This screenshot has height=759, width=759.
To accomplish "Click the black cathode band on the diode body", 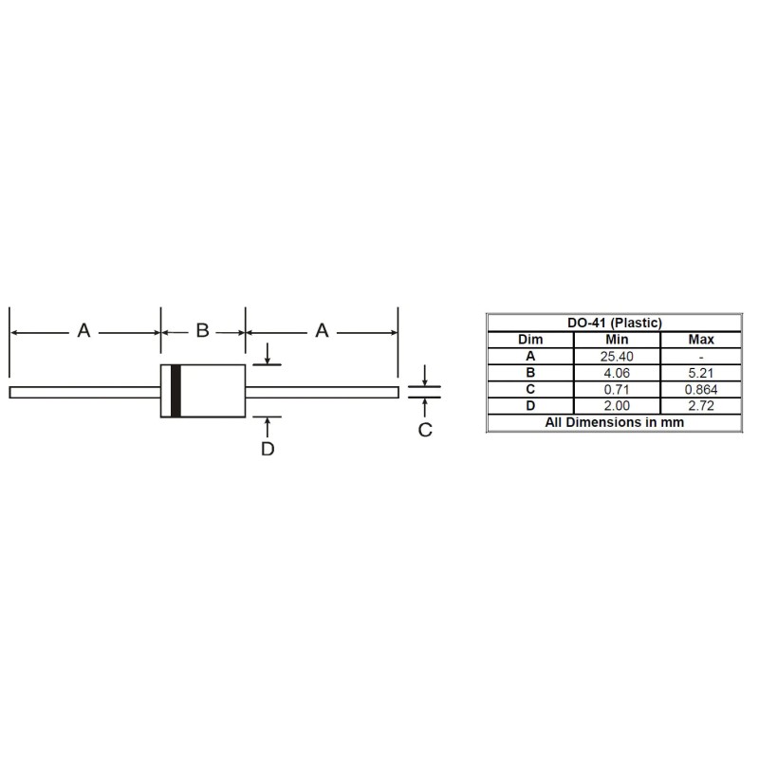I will click(176, 391).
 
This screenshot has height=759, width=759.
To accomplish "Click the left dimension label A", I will click(83, 331).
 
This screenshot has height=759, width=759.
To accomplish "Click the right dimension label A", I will click(322, 331).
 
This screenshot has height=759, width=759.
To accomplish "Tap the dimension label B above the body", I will click(202, 331).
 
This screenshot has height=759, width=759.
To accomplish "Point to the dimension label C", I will click(425, 431).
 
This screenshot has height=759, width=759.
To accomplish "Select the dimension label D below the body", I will click(268, 449).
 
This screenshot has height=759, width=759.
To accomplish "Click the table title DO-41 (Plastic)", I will click(614, 323).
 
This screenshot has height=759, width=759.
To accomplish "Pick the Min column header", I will click(617, 340).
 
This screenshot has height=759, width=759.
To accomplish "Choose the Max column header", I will click(700, 340).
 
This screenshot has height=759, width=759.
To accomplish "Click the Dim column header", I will click(530, 340).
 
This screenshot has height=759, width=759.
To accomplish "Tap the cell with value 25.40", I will click(617, 356).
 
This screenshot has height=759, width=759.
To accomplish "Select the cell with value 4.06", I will click(617, 373).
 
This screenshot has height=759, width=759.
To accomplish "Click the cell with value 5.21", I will click(700, 373).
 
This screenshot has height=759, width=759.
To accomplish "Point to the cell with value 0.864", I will click(700, 389).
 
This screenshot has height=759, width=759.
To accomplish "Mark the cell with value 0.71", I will click(617, 389).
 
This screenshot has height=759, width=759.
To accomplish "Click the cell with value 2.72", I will click(700, 406).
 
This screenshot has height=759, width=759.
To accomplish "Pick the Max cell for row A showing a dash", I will click(700, 356).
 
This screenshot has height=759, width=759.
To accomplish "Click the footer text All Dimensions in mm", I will click(614, 422).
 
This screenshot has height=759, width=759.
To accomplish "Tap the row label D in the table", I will click(530, 406).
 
